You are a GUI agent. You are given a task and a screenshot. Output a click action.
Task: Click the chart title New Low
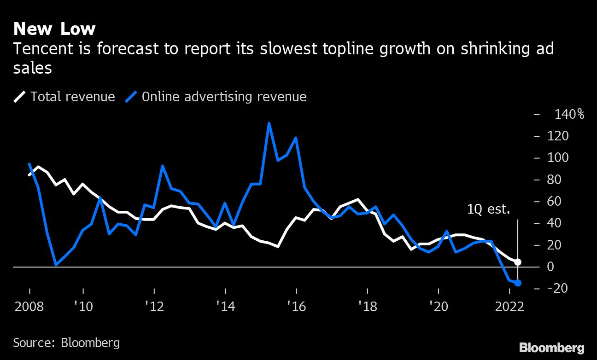pyautogui.click(x=54, y=29)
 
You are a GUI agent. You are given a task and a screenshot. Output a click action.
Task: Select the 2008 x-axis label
pyautogui.click(x=29, y=307)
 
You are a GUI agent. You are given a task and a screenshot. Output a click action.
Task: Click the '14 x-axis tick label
pyautogui.click(x=225, y=307)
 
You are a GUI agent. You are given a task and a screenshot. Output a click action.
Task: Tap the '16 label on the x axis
pyautogui.click(x=296, y=307)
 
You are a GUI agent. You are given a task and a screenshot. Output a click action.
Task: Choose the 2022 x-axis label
pyautogui.click(x=509, y=307)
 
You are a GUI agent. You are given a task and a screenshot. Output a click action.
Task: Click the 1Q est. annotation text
pyautogui.click(x=488, y=210)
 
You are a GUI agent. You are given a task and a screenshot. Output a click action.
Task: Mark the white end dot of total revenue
pyautogui.click(x=518, y=262)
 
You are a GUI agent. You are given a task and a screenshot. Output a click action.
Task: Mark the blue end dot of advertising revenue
pyautogui.click(x=518, y=283)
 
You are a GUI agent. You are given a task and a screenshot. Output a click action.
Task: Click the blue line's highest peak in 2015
pyautogui.click(x=269, y=123)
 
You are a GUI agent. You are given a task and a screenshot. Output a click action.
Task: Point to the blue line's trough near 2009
pyautogui.click(x=56, y=265)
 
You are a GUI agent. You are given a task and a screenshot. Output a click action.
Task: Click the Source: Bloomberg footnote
pyautogui.click(x=66, y=343)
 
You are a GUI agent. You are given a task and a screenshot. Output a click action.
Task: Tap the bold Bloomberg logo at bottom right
pyautogui.click(x=551, y=348)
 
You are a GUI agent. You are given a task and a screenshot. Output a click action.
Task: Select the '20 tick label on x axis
pyautogui.click(x=438, y=307)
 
